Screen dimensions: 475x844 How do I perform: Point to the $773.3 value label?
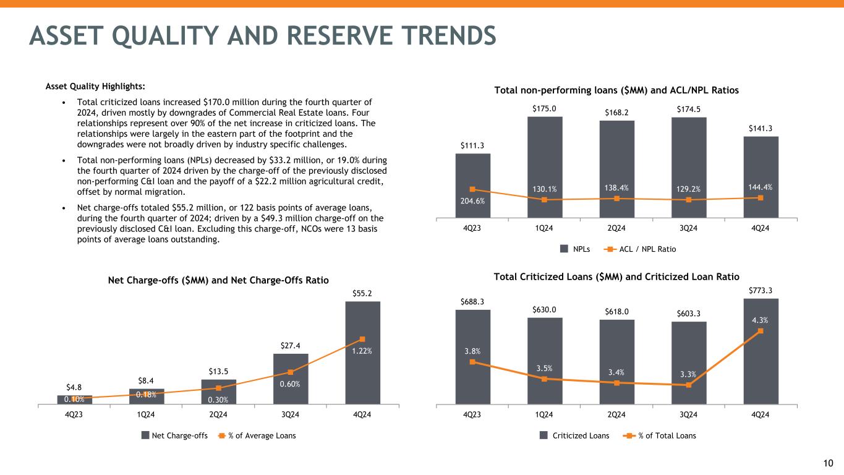coord(760,289)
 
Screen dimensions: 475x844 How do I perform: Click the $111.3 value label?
coord(472,145)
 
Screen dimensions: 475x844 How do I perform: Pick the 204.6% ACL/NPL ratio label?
coord(472,200)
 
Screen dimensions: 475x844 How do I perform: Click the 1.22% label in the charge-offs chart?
coord(362,350)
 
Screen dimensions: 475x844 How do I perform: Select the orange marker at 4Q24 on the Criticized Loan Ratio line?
coord(760,331)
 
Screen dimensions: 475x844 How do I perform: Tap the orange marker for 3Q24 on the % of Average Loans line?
coord(291,372)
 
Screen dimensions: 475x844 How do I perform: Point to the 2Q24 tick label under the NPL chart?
coord(616,228)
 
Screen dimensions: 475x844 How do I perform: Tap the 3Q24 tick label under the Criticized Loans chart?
coord(688,414)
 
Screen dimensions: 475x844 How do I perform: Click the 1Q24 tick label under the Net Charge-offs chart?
coord(147,414)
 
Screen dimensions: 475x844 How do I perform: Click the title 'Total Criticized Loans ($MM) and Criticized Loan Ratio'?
coord(616,276)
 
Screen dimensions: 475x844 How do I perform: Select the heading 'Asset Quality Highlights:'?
coord(95,86)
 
